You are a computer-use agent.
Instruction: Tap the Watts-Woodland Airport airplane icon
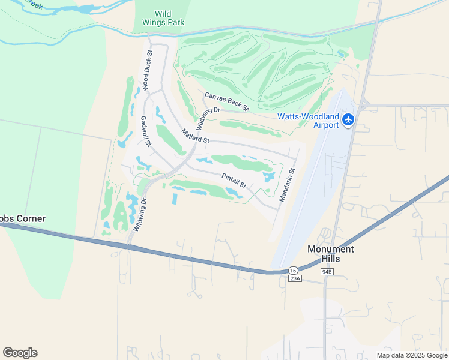tap(348, 120)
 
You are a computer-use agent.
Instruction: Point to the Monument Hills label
tap(331, 253)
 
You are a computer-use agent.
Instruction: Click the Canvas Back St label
tap(226, 101)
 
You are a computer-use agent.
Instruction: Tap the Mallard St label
tap(196, 136)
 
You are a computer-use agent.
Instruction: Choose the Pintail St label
tap(234, 181)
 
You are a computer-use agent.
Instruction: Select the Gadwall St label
tap(145, 131)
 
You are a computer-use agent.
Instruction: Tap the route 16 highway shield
tap(292, 270)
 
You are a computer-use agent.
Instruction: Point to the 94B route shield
tap(327, 272)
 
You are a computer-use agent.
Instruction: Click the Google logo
tap(20, 353)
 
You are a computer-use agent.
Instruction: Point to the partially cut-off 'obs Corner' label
tap(23, 218)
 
